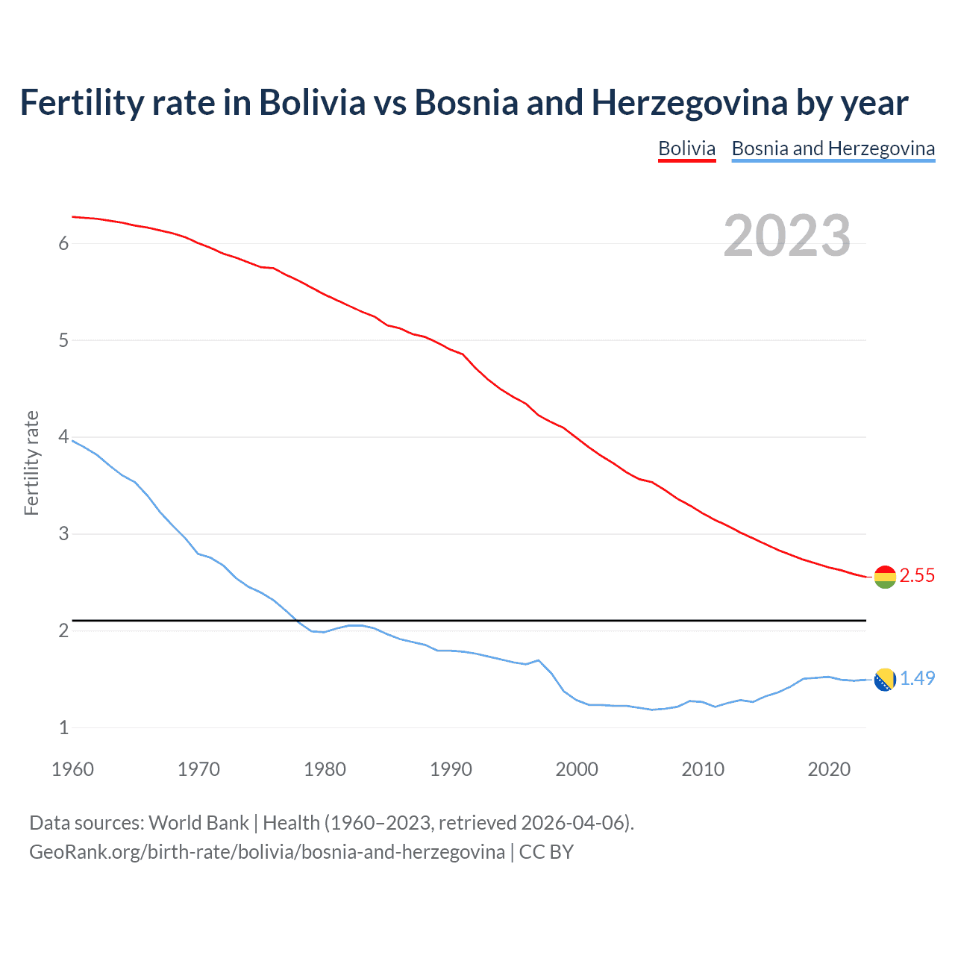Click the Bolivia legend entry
click(686, 148)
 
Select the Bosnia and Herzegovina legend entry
click(833, 148)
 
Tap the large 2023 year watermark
click(786, 236)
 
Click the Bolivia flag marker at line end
click(884, 577)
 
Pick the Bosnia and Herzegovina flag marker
click(884, 680)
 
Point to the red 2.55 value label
click(917, 575)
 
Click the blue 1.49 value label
click(917, 678)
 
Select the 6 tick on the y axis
click(63, 243)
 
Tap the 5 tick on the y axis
click(63, 340)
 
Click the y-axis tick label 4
click(63, 437)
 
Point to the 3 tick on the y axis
click(63, 534)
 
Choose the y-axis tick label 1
click(63, 727)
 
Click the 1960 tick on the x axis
click(72, 769)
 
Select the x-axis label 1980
click(325, 769)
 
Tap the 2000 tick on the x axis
click(577, 769)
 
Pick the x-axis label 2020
click(829, 769)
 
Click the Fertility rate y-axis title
click(31, 463)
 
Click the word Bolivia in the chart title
click(312, 103)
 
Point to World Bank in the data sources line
click(198, 823)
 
